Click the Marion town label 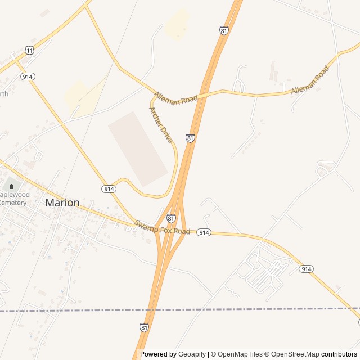[62, 202]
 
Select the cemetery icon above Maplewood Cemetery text [10, 186]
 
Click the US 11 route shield [29, 51]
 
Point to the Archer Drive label [161, 124]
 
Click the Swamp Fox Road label [162, 228]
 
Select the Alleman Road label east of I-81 [310, 81]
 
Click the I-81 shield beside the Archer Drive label [191, 138]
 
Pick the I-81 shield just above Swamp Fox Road [171, 218]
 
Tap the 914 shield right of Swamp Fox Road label [204, 232]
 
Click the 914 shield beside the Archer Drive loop [109, 189]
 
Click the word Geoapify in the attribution [192, 354]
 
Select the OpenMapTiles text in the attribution [240, 354]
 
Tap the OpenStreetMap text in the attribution [295, 354]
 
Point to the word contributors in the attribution [339, 354]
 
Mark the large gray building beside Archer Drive [138, 148]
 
